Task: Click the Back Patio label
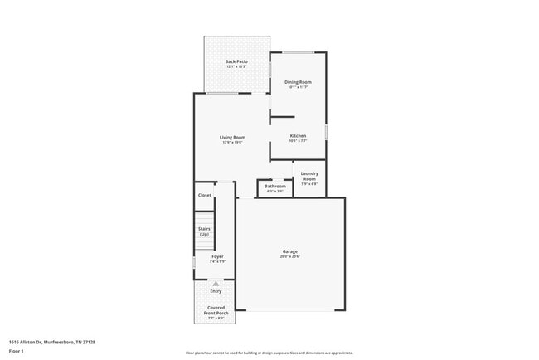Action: pos(236,61)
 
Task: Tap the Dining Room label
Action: pos(298,81)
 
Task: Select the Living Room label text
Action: pos(232,137)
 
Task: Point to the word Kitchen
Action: pos(298,135)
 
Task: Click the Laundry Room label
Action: pos(309,176)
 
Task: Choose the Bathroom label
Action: pos(275,186)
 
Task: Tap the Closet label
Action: pos(204,195)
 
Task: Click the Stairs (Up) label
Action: pos(204,231)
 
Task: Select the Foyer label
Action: pos(216,256)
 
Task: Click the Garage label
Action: pos(290,251)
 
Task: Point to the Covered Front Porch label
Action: pos(216,310)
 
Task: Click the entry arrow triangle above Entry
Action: pos(216,284)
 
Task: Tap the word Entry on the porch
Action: pos(216,291)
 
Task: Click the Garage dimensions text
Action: pos(290,257)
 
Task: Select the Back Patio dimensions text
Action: pos(236,66)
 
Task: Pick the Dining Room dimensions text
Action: pos(298,87)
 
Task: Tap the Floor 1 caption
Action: pos(16,351)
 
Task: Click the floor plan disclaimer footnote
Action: pos(269,353)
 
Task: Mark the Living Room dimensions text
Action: pos(232,143)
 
